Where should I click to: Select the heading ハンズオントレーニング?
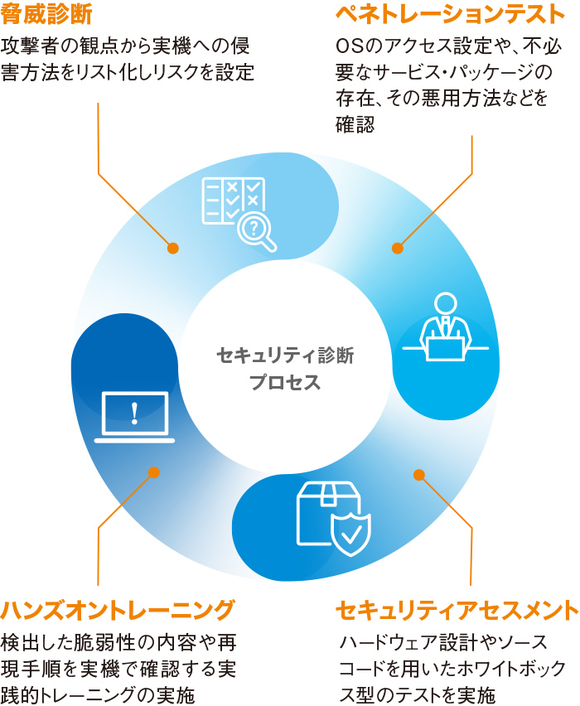[x=118, y=611]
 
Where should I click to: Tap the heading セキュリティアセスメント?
[x=457, y=611]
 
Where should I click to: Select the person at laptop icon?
[x=445, y=327]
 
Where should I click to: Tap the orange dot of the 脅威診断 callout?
[x=172, y=248]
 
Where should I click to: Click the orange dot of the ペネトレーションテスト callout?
[x=397, y=248]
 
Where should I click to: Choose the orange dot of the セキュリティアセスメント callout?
[x=418, y=475]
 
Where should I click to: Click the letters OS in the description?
[x=348, y=45]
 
